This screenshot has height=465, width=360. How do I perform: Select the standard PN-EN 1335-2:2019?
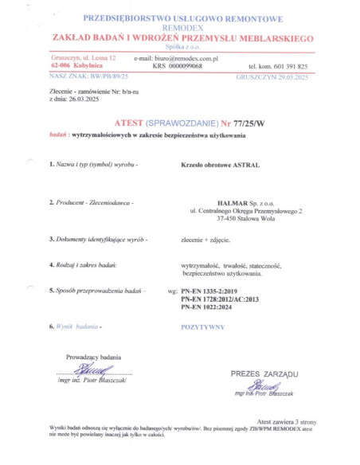(209, 291)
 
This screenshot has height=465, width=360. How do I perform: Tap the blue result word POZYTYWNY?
(202, 327)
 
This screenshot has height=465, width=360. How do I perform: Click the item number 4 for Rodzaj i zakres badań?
(51, 264)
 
